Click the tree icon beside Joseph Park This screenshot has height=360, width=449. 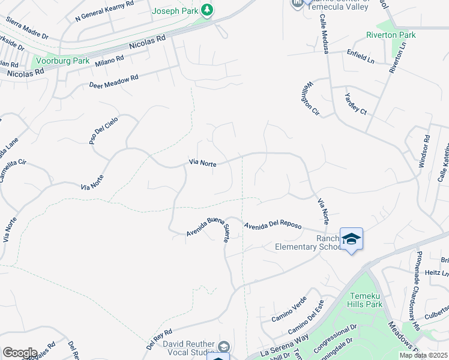point(207,10)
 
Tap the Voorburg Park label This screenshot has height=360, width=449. point(63,61)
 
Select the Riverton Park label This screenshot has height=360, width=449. point(391,35)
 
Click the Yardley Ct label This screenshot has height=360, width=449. point(355,103)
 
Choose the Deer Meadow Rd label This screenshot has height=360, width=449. point(113,81)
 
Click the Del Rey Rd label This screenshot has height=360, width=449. point(160,338)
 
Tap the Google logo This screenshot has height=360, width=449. point(20,353)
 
